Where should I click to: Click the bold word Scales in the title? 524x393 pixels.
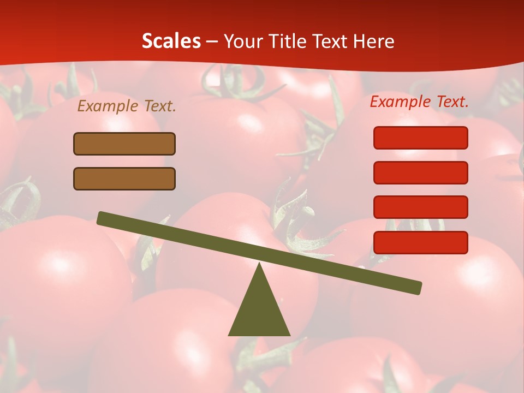[171, 41]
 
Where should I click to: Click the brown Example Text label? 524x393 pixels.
[127, 106]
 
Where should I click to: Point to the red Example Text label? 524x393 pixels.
[419, 102]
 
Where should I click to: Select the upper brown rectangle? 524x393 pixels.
[124, 144]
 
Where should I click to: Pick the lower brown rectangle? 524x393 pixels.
[124, 178]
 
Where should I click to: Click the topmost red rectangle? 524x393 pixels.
[420, 138]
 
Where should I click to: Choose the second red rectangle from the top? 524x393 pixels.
[420, 172]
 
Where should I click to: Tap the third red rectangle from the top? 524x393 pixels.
[420, 207]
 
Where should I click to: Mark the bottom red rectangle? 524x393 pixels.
[420, 242]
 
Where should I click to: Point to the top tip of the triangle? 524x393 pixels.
[260, 264]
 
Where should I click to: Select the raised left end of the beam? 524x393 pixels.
[102, 218]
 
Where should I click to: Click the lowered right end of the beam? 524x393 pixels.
[418, 288]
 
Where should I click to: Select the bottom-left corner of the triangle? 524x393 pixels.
[229, 335]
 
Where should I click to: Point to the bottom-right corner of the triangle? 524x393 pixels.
[289, 335]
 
